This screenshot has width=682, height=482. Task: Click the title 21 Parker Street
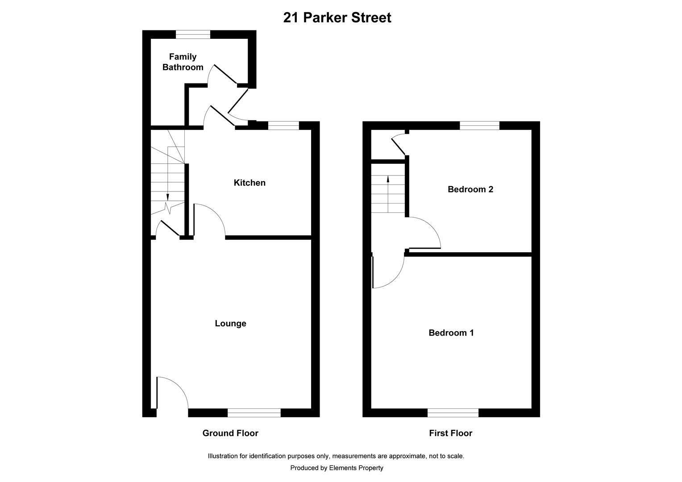(337, 18)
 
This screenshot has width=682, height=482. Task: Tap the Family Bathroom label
(183, 62)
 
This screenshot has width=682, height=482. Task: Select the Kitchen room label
(250, 183)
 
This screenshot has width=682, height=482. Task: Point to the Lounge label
(230, 324)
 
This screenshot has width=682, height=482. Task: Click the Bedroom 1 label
(451, 333)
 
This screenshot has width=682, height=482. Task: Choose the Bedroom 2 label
(470, 189)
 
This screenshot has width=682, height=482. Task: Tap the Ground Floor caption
(230, 433)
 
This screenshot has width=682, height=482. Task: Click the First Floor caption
(450, 433)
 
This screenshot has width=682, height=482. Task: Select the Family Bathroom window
(193, 34)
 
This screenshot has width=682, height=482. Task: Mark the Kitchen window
(283, 126)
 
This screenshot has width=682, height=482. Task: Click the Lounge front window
(254, 413)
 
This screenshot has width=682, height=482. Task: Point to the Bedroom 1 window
(453, 413)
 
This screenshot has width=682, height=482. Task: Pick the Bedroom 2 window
(479, 126)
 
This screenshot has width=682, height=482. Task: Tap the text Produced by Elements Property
(337, 468)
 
